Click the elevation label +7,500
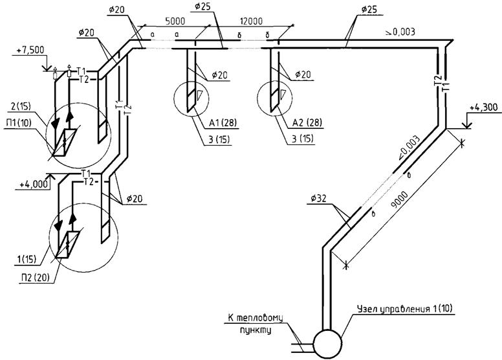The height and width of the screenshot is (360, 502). [x=31, y=51]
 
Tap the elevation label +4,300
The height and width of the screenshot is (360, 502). [x=484, y=107]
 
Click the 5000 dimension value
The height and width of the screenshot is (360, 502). [x=175, y=21]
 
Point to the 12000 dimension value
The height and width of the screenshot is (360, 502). [x=251, y=21]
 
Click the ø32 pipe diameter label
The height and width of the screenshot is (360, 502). [x=318, y=199]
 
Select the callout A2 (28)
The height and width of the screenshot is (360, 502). [x=307, y=122]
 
